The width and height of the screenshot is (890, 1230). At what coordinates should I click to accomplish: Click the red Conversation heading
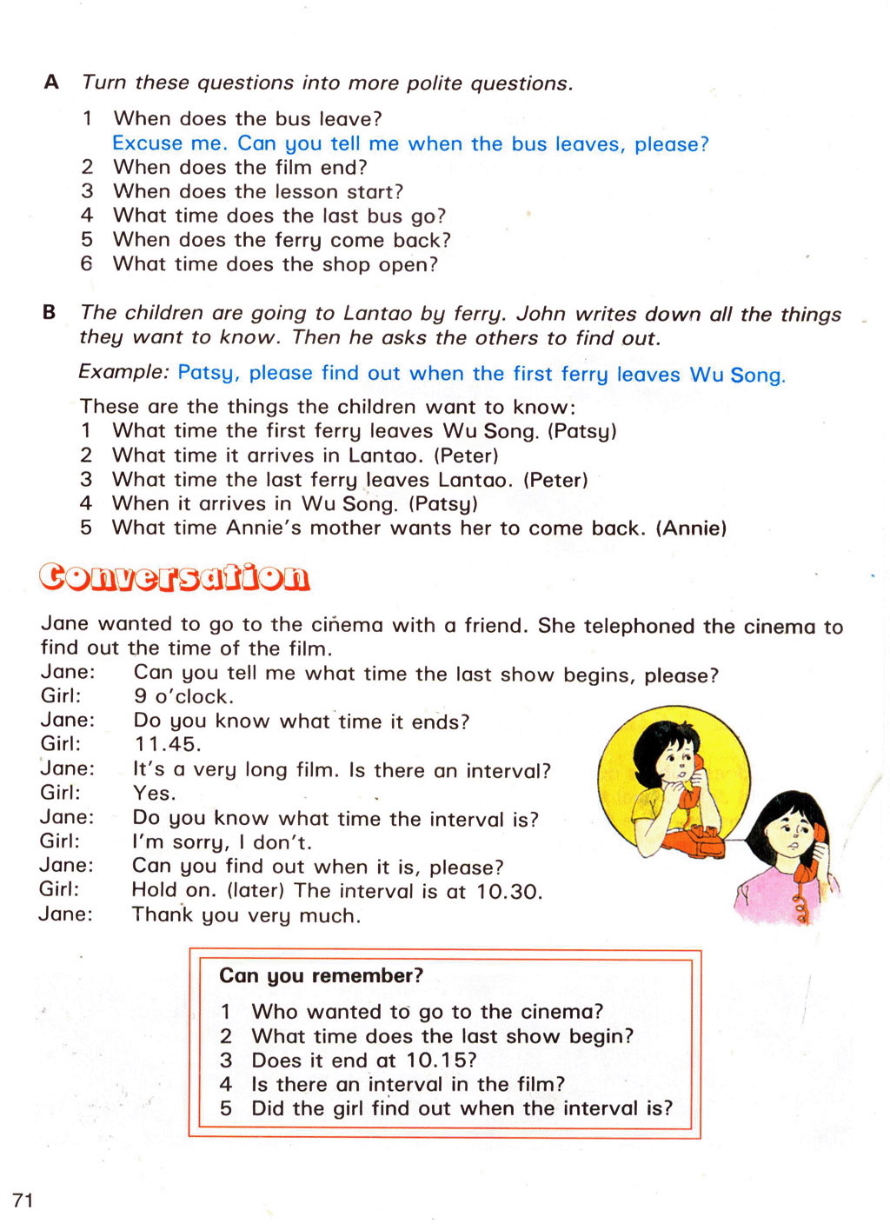pos(175,577)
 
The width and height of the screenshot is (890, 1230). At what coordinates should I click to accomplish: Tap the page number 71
pos(23,1200)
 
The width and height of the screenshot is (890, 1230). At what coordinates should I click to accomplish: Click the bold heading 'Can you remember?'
pos(321,975)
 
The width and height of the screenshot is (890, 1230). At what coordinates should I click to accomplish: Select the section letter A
pos(51,83)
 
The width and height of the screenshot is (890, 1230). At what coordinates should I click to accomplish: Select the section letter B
pos(50,312)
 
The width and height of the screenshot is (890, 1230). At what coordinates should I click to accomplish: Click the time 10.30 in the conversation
pos(508,892)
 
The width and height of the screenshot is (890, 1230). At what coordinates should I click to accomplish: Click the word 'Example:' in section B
pos(123,372)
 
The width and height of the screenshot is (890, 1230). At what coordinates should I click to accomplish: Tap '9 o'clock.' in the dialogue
pos(183,696)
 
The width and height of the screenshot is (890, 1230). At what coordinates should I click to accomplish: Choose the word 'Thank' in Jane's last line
pos(163,915)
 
